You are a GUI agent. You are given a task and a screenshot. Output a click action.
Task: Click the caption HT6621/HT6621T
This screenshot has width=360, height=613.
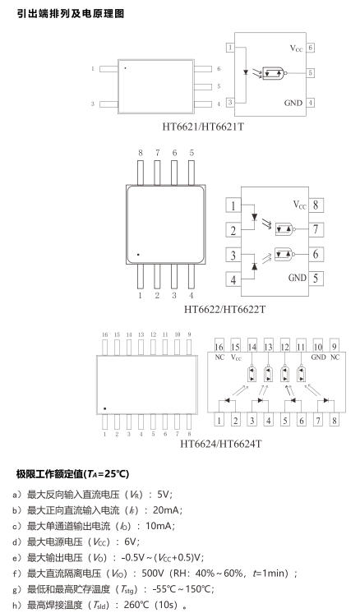pyautogui.click(x=203, y=127)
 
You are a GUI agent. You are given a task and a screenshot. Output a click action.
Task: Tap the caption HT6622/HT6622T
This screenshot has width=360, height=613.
pyautogui.click(x=224, y=309)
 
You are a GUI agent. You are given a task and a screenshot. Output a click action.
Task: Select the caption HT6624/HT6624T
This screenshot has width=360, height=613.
pyautogui.click(x=221, y=444)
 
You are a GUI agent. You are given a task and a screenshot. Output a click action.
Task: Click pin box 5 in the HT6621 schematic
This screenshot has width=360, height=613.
pyautogui.click(x=311, y=72)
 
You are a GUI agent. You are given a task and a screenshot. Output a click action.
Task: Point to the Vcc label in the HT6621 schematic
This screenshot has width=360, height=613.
pyautogui.click(x=296, y=48)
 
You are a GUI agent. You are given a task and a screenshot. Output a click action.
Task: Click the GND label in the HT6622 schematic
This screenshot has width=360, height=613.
pyautogui.click(x=298, y=278)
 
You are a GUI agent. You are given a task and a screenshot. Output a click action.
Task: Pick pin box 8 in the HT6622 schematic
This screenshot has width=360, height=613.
pyautogui.click(x=316, y=205)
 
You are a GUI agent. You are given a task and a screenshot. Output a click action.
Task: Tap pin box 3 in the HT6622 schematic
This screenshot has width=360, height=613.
pyautogui.click(x=233, y=256)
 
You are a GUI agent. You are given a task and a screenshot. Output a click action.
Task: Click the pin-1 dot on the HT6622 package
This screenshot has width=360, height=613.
pyautogui.click(x=138, y=255)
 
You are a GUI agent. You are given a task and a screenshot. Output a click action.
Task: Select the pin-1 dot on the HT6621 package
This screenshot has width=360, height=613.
pyautogui.click(x=125, y=68)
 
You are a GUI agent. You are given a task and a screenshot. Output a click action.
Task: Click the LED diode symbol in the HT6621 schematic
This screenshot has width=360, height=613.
pyautogui.click(x=246, y=72)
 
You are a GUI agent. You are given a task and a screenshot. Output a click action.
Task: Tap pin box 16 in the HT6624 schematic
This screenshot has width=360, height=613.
pyautogui.click(x=219, y=347)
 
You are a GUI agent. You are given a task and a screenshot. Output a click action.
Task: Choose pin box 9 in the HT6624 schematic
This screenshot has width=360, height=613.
pyautogui.click(x=335, y=346)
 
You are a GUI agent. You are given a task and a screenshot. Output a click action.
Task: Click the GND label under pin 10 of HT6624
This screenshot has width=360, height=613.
pyautogui.click(x=319, y=357)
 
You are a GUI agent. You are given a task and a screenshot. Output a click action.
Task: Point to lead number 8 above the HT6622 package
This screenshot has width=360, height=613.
pyautogui.click(x=141, y=153)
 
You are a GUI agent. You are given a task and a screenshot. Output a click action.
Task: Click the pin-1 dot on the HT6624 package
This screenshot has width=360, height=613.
pyautogui.click(x=104, y=408)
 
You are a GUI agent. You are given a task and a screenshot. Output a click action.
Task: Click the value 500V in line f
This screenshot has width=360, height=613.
pyautogui.click(x=153, y=574)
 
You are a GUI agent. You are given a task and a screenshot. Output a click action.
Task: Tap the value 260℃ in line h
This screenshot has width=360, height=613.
pyautogui.click(x=136, y=605)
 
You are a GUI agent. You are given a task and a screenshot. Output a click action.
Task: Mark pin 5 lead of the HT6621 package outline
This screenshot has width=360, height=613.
pyautogui.click(x=203, y=87)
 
